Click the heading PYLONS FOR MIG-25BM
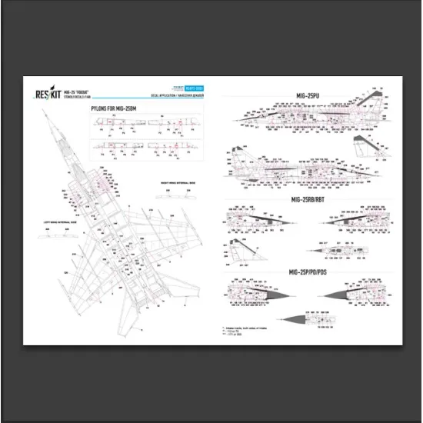(x=115, y=109)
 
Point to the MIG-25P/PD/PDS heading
(x=308, y=274)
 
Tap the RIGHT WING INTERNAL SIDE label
(x=175, y=183)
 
